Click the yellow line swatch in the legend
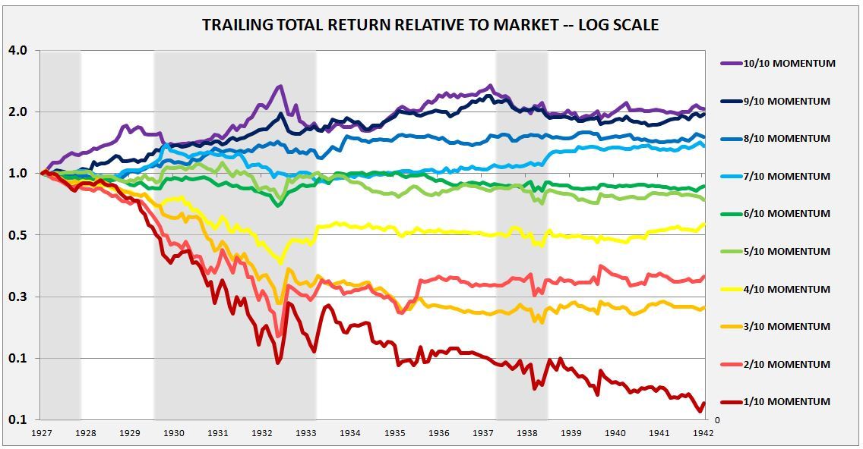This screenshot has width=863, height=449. pyautogui.click(x=732, y=289)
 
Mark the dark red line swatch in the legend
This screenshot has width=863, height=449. pyautogui.click(x=732, y=402)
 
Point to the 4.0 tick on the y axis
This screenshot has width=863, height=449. pyautogui.click(x=17, y=51)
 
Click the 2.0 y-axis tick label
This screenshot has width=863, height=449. pyautogui.click(x=17, y=112)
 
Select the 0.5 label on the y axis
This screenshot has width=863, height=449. pyautogui.click(x=17, y=235)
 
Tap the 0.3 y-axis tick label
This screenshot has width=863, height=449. pyautogui.click(x=17, y=297)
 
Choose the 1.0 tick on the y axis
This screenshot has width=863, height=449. pyautogui.click(x=17, y=174)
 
